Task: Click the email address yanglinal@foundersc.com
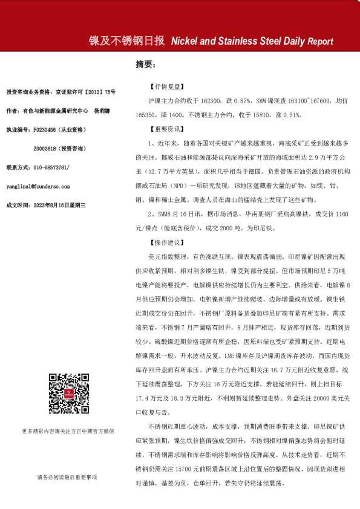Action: point(38,187)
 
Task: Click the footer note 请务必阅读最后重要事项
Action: point(66,478)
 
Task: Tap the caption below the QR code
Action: point(66,430)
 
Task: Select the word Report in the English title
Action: point(320,42)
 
